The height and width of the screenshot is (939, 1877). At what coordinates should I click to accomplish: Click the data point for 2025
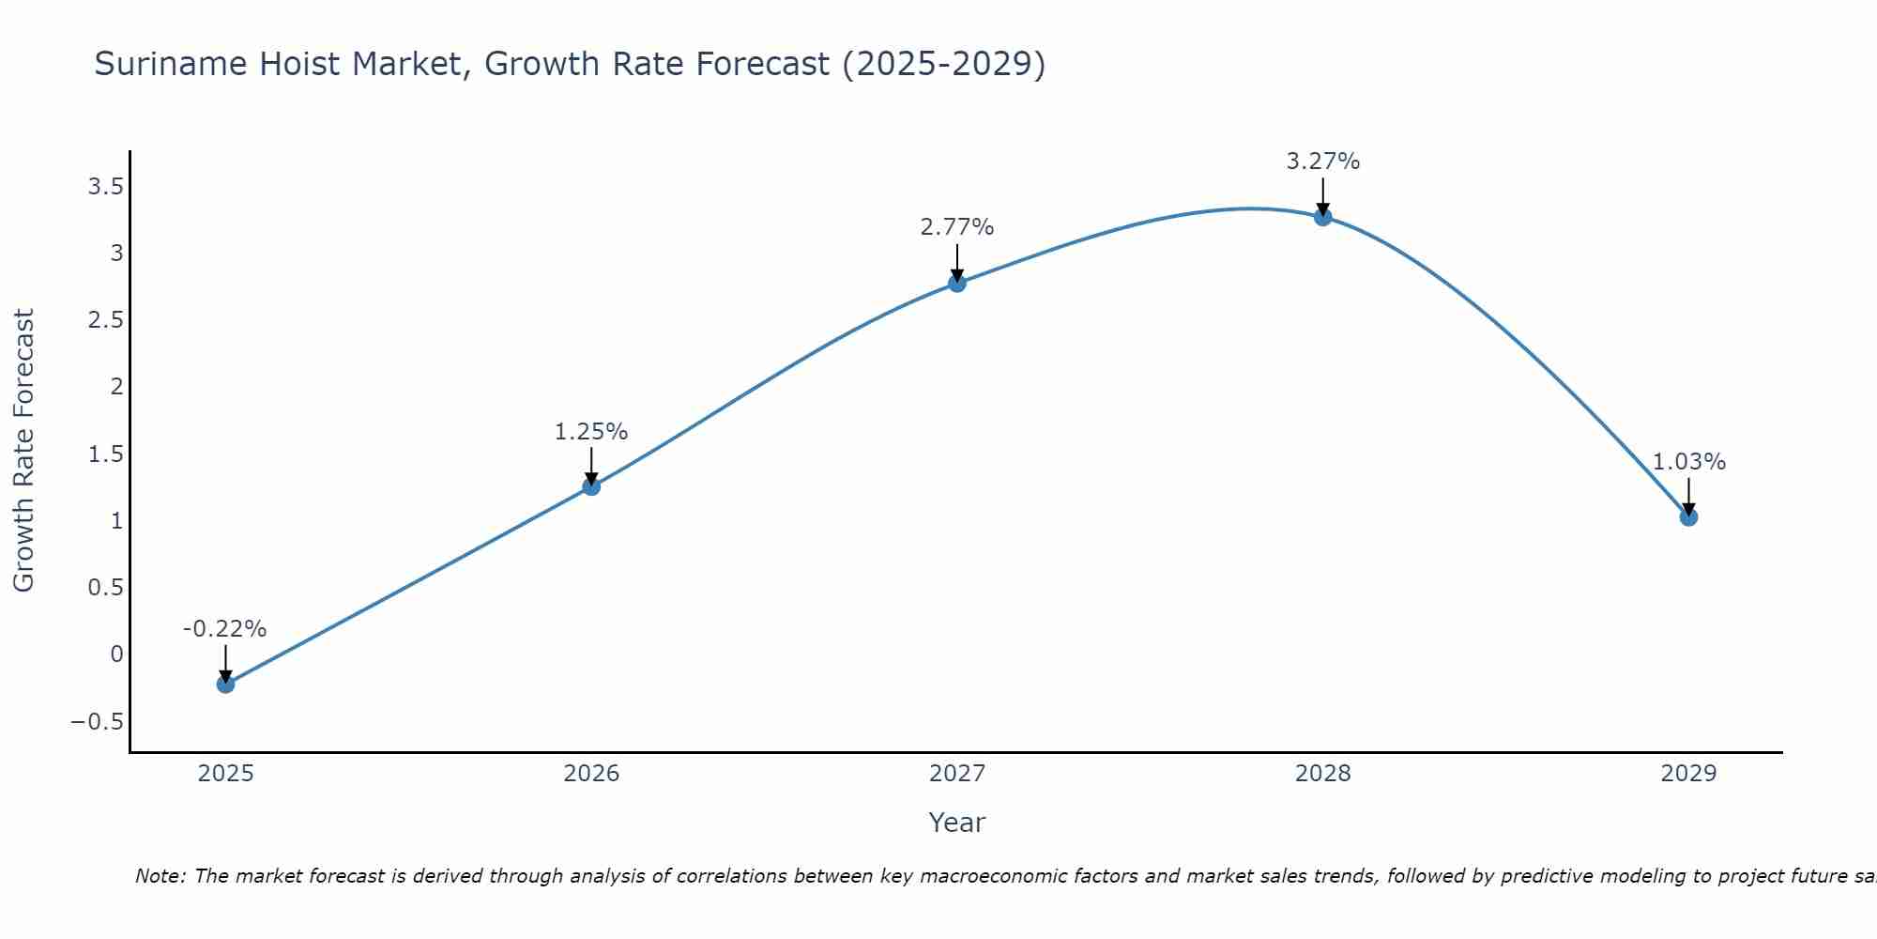225,684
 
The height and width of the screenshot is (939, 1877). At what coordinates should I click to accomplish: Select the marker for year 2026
591,486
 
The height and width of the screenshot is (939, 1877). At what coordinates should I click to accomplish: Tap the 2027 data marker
957,283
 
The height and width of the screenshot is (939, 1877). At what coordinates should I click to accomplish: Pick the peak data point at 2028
1323,217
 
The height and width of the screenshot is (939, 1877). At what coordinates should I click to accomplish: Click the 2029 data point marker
1688,516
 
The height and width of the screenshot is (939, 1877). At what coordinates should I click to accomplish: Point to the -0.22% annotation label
224,629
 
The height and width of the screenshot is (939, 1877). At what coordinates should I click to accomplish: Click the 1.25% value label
591,432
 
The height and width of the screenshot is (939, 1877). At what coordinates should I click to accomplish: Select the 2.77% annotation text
957,227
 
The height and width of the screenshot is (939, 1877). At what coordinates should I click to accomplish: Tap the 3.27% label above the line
1323,162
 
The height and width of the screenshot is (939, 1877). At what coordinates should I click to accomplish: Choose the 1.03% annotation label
1688,462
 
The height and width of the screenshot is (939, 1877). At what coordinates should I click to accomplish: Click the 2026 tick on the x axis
591,774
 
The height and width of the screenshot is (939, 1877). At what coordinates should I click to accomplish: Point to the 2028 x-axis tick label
1323,774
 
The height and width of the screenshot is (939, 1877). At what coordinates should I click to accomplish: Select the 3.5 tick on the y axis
105,186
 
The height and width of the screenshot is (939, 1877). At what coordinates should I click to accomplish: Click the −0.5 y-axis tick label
97,721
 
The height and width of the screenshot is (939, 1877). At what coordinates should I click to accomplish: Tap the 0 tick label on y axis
116,654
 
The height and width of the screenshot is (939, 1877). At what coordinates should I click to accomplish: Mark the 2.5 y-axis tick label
105,320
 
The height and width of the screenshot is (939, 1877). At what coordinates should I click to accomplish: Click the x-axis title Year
956,823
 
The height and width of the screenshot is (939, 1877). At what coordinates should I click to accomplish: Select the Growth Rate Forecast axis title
23,451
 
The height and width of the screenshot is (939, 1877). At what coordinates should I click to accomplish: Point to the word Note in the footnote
160,876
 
